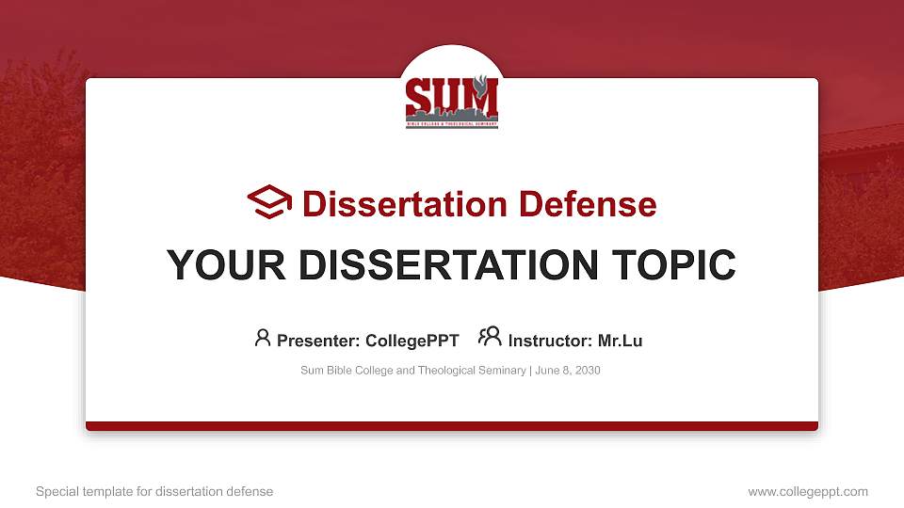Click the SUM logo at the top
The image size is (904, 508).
click(451, 101)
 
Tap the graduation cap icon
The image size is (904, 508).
click(269, 202)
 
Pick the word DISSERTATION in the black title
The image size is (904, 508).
click(442, 265)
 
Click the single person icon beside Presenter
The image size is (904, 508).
click(263, 338)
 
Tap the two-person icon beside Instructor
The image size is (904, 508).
click(490, 337)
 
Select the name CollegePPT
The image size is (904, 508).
click(412, 341)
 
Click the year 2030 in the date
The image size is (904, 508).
click(586, 371)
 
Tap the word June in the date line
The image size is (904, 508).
click(547, 371)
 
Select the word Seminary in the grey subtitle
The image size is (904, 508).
click(503, 371)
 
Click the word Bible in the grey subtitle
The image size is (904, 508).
click(337, 371)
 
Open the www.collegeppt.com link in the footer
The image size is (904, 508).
click(808, 491)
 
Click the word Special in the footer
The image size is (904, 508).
click(56, 491)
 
